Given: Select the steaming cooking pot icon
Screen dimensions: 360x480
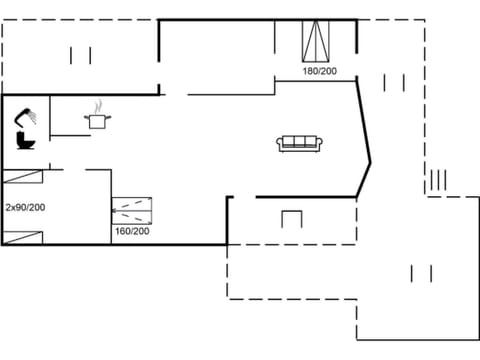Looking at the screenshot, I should [x=98, y=119].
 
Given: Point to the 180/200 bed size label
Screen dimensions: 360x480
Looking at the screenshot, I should [x=320, y=71].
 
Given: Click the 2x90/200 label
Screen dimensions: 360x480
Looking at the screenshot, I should [x=24, y=207].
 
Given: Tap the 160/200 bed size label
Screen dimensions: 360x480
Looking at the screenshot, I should [x=132, y=232].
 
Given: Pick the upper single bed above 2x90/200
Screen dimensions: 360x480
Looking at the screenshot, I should [x=23, y=178].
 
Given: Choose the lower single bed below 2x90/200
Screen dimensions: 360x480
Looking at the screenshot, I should [x=23, y=236].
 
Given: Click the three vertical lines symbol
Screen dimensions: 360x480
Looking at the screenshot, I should [x=437, y=181].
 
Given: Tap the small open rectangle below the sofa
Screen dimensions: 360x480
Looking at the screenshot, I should [x=291, y=219].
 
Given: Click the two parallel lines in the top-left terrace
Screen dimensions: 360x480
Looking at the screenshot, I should [x=80, y=55].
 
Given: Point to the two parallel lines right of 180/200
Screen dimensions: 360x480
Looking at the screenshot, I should [x=393, y=82].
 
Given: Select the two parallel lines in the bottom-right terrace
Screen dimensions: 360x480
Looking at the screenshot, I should [x=421, y=272].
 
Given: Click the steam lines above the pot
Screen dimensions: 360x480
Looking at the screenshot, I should [x=98, y=105].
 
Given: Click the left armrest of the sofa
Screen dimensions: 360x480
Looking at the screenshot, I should [x=280, y=144].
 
